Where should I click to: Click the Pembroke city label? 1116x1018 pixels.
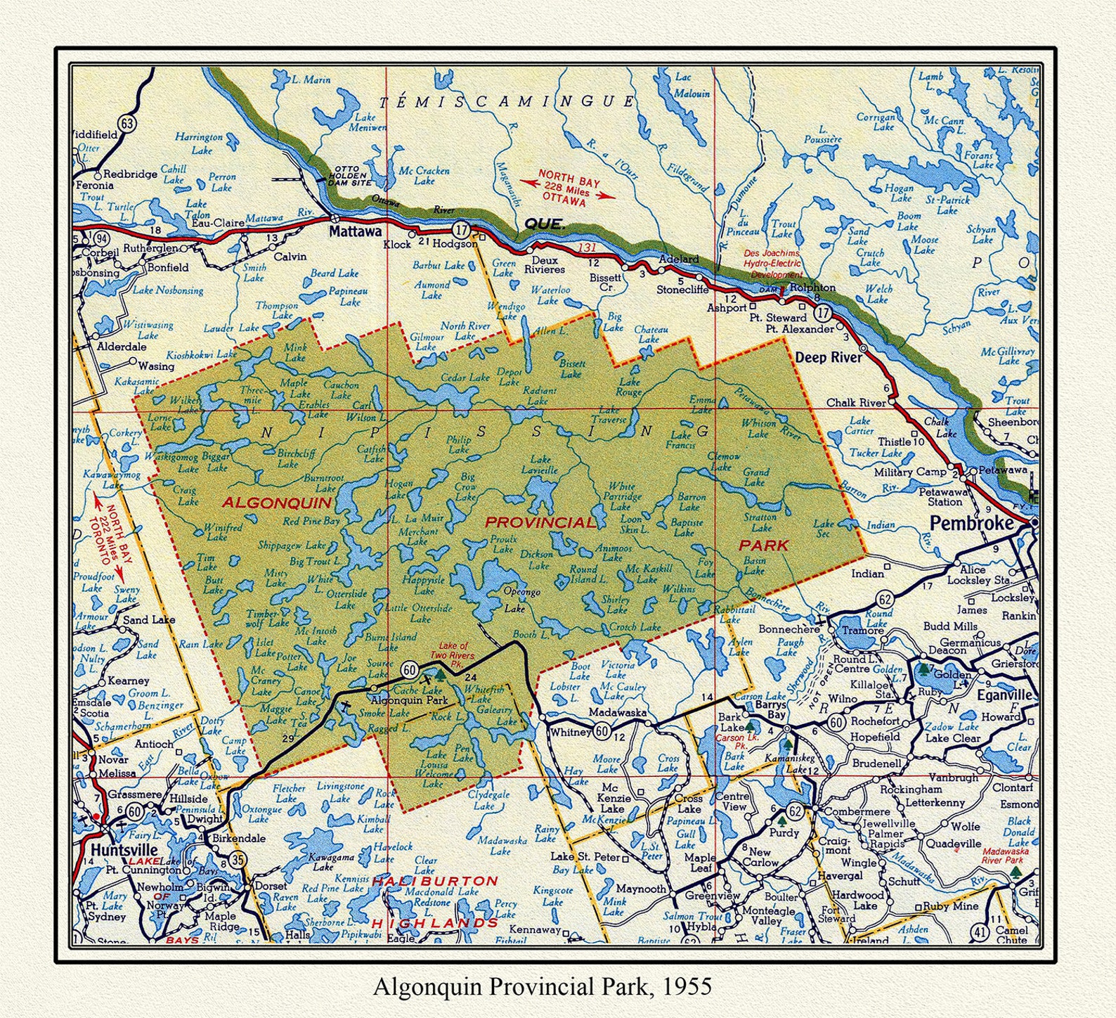(x=972, y=524)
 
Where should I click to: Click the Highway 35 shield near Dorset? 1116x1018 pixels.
(x=238, y=858)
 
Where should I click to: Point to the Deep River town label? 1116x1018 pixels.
(x=829, y=357)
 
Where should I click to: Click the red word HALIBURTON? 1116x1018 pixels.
(x=435, y=880)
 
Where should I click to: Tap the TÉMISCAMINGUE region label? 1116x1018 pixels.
(x=507, y=102)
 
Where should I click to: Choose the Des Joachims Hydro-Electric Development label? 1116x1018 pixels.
(x=773, y=264)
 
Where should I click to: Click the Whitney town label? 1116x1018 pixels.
(x=571, y=732)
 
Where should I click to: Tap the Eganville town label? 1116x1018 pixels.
(x=1006, y=695)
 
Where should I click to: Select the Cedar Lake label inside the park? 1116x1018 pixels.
(x=465, y=378)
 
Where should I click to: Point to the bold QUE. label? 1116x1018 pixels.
(x=544, y=224)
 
